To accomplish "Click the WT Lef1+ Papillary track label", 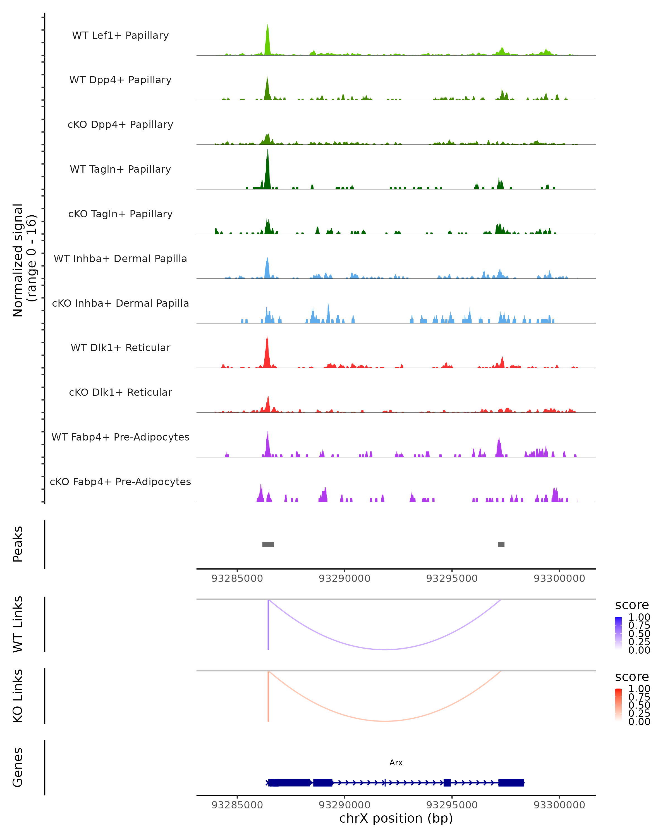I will pyautogui.click(x=120, y=35).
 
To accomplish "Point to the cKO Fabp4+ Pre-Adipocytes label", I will pyautogui.click(x=120, y=482).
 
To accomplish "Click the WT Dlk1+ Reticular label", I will pyautogui.click(x=120, y=347).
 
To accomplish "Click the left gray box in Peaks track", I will pyautogui.click(x=268, y=544).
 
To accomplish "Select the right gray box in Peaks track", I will pyautogui.click(x=501, y=544).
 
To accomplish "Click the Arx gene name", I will pyautogui.click(x=396, y=763).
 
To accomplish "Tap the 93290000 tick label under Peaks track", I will pyautogui.click(x=344, y=578).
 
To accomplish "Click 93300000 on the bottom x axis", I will pyautogui.click(x=559, y=805).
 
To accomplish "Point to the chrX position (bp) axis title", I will pyautogui.click(x=396, y=818).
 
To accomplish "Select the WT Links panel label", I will pyautogui.click(x=18, y=625).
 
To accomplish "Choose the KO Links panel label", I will pyautogui.click(x=18, y=696).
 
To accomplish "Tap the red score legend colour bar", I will pyautogui.click(x=618, y=705).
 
